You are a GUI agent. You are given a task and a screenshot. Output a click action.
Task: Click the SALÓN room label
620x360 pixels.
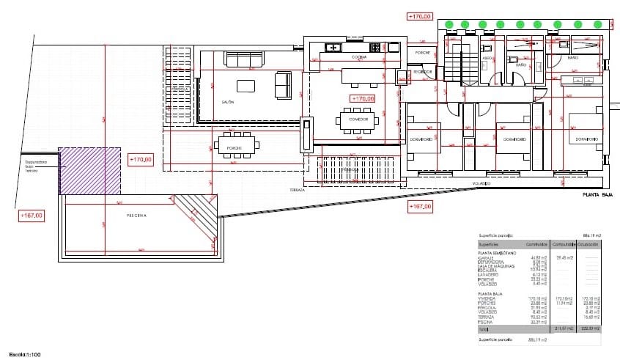(x=227, y=102)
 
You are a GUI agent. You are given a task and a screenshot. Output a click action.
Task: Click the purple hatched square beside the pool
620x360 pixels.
(x=89, y=170)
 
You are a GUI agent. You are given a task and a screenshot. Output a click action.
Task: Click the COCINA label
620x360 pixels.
(x=359, y=56)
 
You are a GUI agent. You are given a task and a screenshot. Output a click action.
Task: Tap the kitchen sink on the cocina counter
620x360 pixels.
(x=331, y=48)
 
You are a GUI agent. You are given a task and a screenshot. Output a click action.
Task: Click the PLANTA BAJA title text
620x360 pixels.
(x=597, y=195)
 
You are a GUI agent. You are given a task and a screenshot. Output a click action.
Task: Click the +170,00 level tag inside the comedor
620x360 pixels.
(x=363, y=98)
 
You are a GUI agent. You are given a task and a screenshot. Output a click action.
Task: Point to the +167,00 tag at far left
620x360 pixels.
(x=32, y=216)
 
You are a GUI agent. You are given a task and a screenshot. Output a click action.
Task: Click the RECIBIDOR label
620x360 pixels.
(x=422, y=72)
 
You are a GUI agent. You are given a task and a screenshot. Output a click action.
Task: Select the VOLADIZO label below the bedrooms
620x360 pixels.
(x=481, y=183)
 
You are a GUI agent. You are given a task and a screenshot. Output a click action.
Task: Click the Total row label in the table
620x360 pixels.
(x=483, y=329)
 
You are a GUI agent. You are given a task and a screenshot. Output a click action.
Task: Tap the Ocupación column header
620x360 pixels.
(x=589, y=243)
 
